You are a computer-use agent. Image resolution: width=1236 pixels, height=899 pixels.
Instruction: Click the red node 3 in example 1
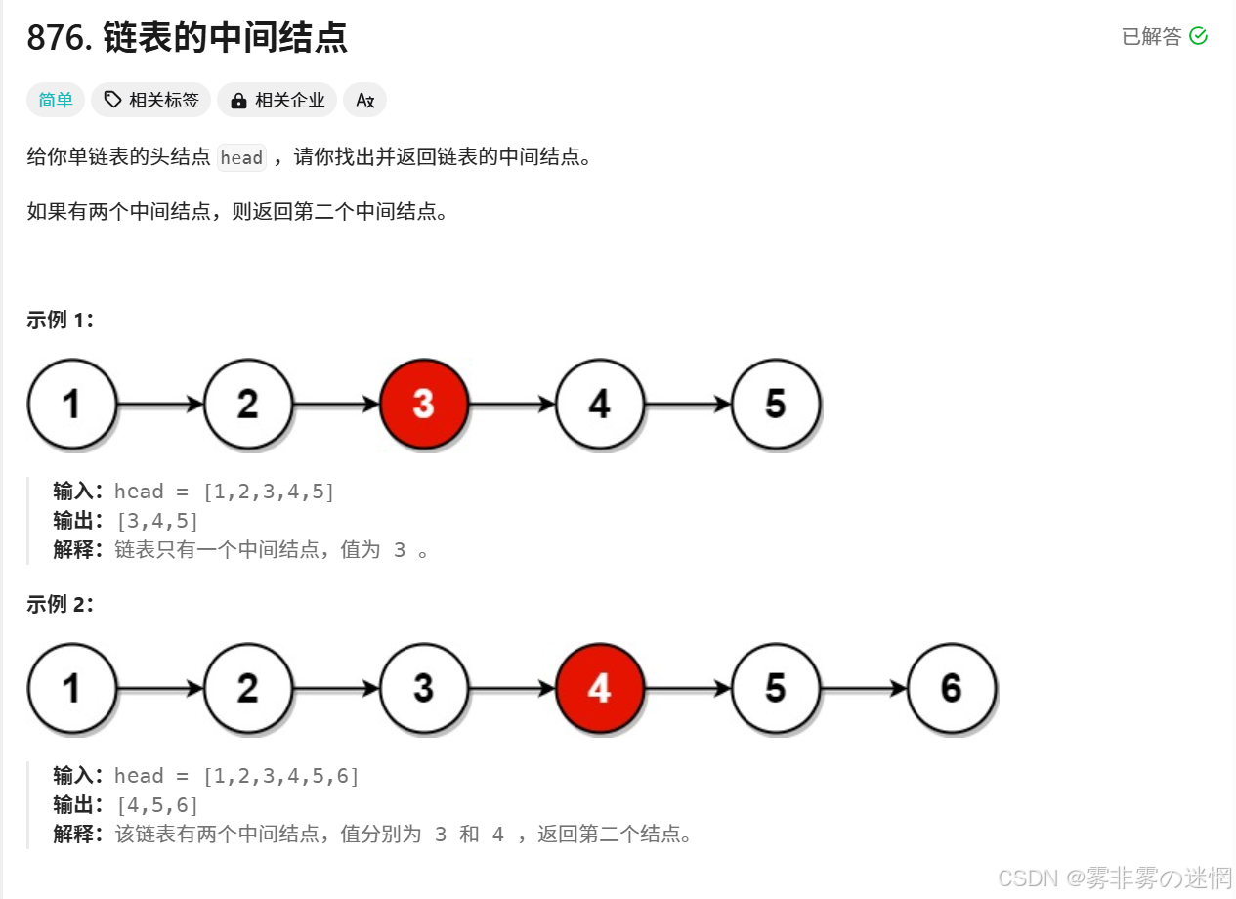point(424,404)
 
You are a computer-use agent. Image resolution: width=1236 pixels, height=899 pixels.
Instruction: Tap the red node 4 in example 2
point(600,688)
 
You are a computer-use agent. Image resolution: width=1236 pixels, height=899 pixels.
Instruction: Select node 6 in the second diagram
point(952,688)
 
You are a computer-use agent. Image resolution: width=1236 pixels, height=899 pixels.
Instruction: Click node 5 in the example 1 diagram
point(776,404)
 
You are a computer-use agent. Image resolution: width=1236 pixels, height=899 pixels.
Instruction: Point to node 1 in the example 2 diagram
point(72,688)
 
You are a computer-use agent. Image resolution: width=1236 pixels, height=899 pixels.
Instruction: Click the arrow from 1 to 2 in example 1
point(160,404)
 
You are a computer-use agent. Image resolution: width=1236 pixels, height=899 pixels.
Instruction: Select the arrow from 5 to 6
point(864,688)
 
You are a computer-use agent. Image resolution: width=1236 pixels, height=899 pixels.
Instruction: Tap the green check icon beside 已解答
point(1199,36)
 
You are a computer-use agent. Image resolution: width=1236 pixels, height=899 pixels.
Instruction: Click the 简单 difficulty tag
point(56,100)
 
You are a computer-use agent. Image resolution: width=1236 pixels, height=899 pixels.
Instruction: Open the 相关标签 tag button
point(151,100)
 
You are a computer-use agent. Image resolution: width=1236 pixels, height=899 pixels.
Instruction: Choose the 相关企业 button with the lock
point(277,100)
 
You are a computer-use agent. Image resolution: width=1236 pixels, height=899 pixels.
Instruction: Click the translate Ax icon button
point(365,100)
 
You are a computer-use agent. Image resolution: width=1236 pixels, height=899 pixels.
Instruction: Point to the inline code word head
point(241,157)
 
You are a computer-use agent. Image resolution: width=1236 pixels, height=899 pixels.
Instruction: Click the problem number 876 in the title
point(58,38)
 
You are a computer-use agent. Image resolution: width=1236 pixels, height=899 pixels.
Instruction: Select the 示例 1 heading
point(61,320)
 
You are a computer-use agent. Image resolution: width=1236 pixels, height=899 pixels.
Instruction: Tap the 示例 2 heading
point(61,604)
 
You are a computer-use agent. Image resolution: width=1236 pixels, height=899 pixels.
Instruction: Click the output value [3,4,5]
point(156,521)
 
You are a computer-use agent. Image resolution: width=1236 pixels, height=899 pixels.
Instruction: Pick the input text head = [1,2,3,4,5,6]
point(236,776)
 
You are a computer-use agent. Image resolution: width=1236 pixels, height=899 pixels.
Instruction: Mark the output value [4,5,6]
point(156,805)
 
